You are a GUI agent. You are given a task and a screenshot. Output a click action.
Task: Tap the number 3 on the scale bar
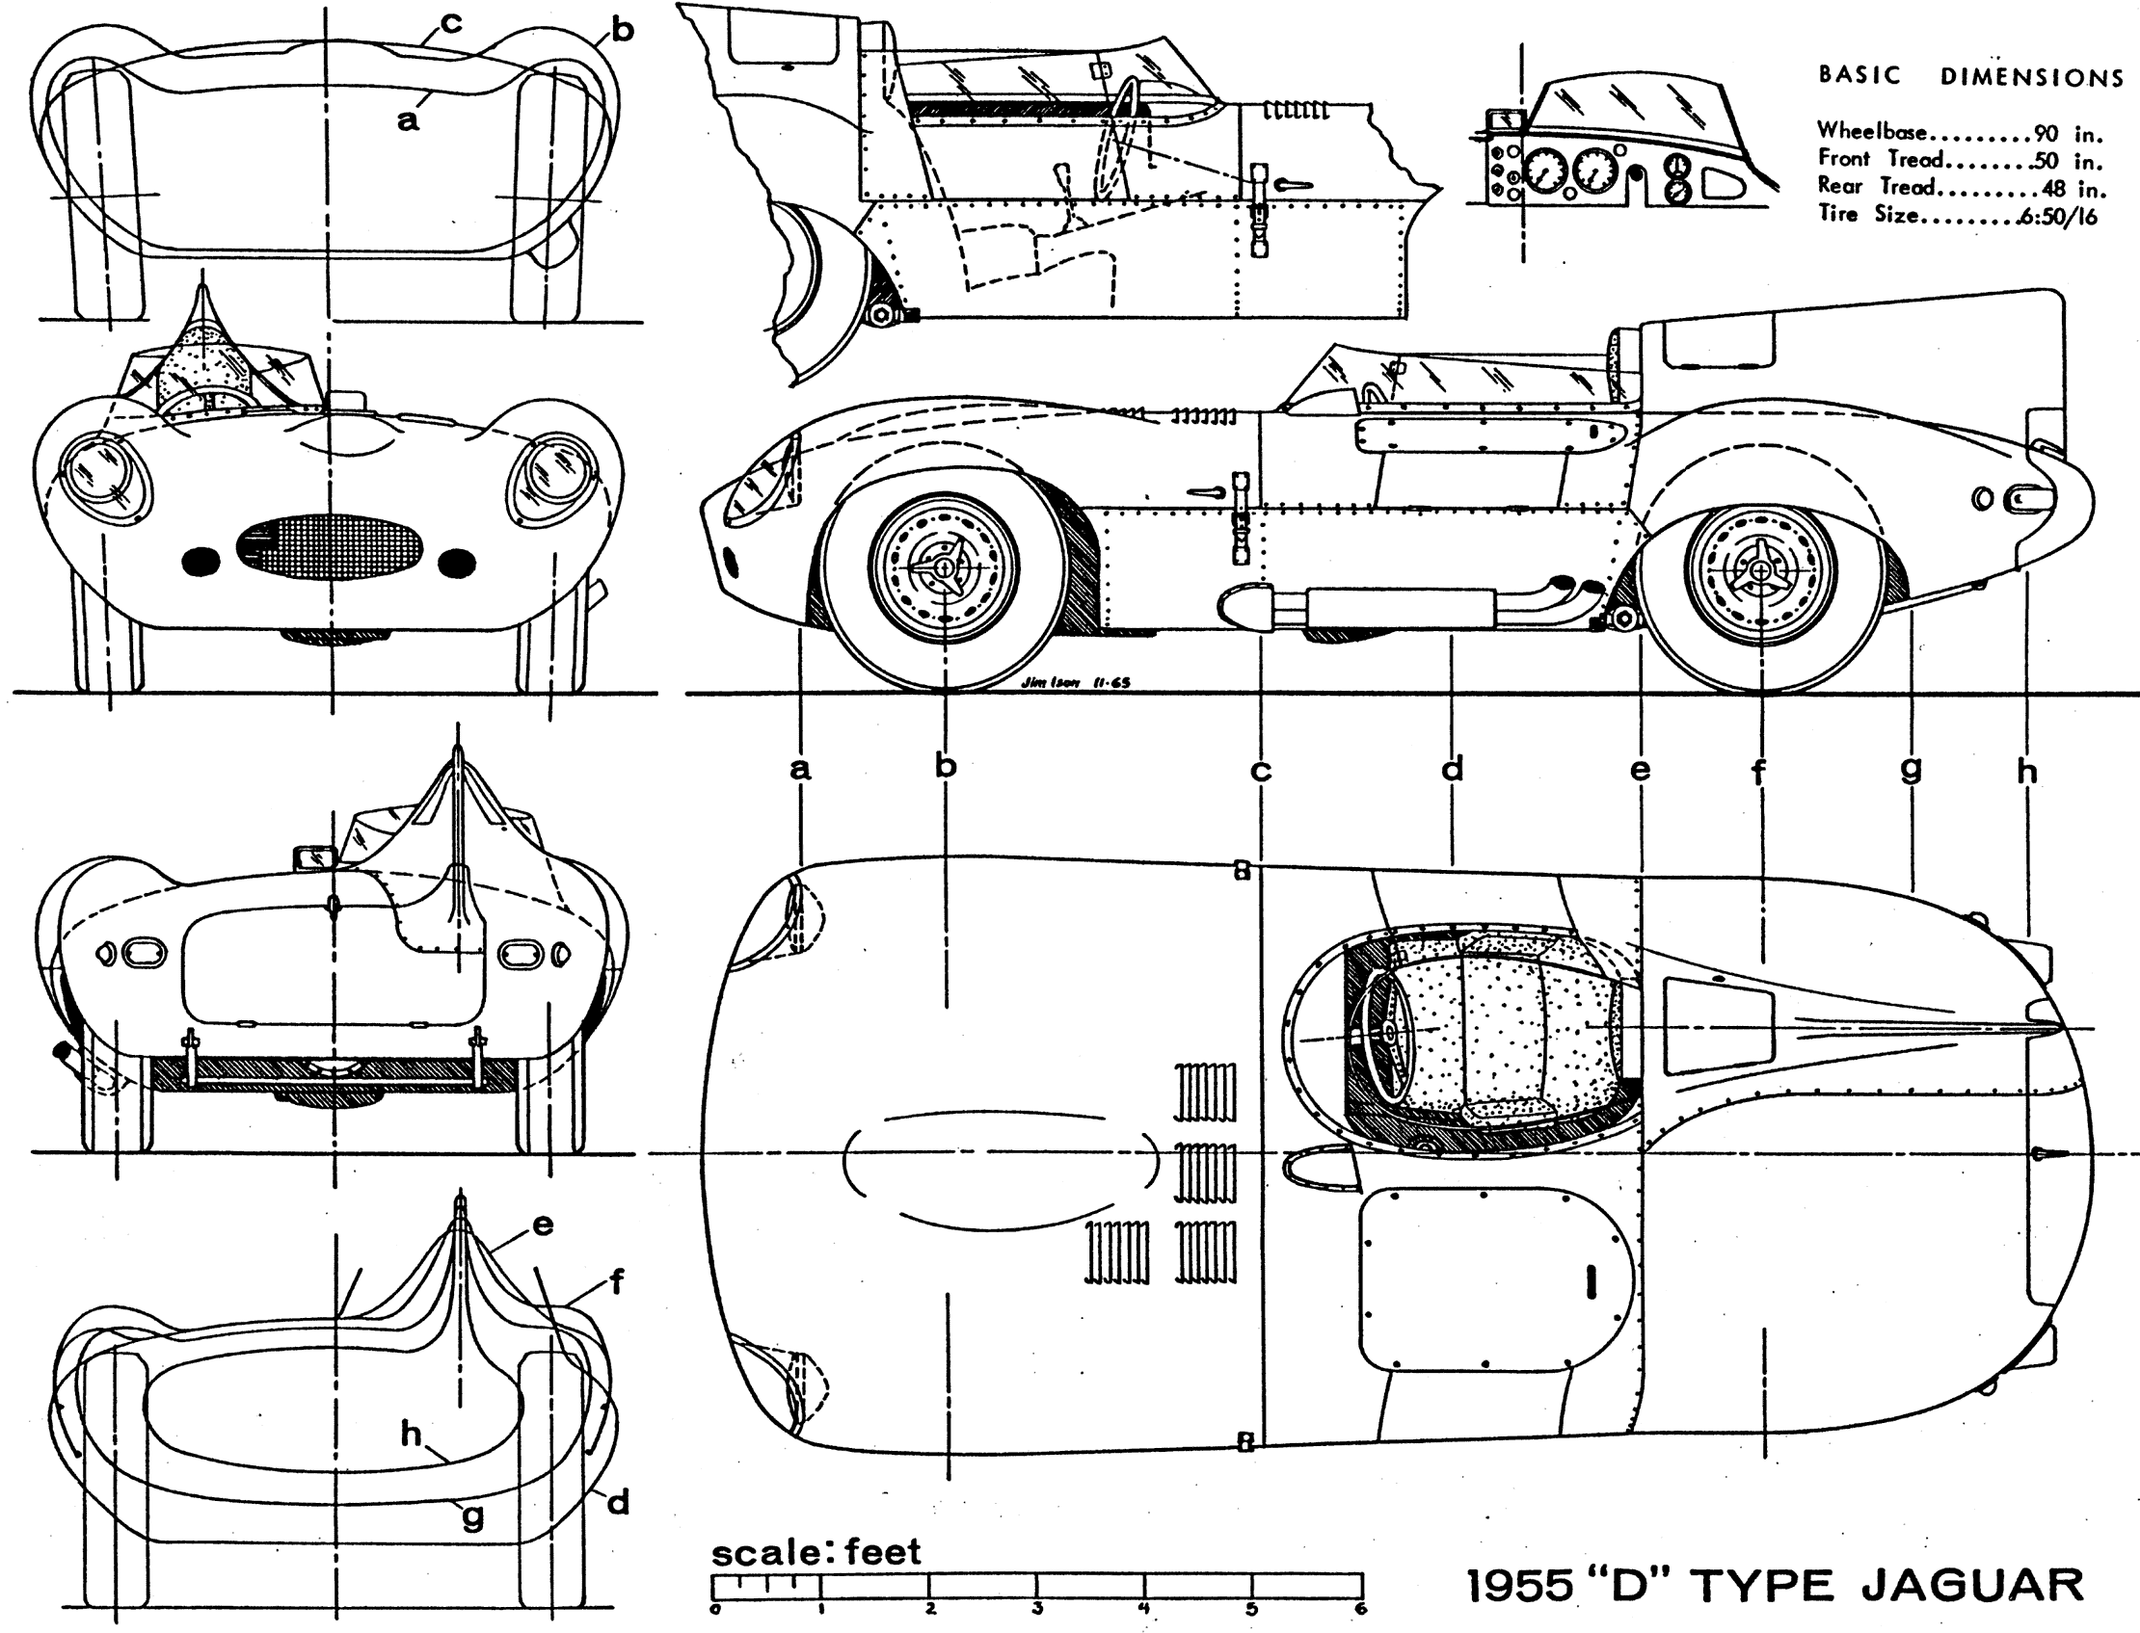(x=1038, y=1609)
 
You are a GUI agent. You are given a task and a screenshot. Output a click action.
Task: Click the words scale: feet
(x=816, y=1551)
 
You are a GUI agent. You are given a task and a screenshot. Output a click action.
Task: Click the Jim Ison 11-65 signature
(x=1077, y=682)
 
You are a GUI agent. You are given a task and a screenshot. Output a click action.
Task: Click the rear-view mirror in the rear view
(x=313, y=856)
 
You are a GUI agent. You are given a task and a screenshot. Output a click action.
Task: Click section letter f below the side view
(x=1759, y=773)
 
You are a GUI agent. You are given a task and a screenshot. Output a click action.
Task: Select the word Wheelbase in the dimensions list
(x=1873, y=131)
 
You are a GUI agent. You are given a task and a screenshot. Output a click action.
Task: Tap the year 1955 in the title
(x=1518, y=1586)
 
